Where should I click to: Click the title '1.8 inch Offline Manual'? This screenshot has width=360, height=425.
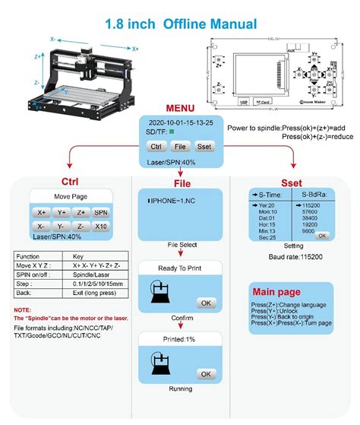(180, 24)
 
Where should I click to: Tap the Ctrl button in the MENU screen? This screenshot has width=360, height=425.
(156, 145)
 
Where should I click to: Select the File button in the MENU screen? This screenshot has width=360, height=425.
(180, 145)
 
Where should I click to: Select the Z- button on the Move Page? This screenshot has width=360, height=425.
(81, 227)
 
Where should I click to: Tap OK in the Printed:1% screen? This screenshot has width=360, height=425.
(204, 373)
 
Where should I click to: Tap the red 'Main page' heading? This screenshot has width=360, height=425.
(273, 290)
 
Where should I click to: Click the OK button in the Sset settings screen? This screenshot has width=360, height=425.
(322, 236)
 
